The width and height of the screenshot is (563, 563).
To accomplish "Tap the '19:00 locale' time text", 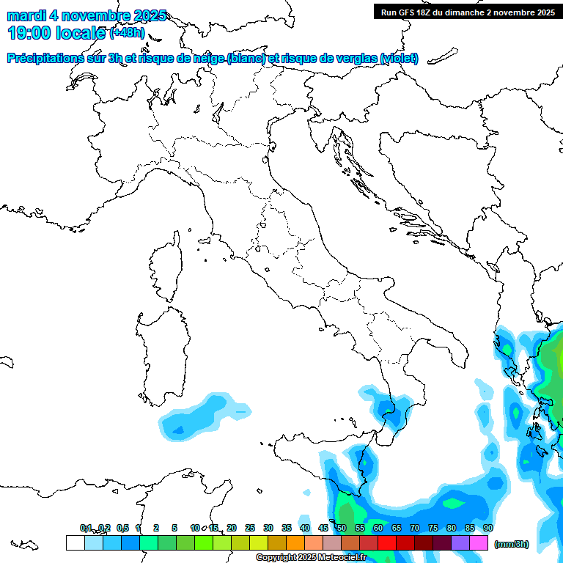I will pyautogui.click(x=56, y=33).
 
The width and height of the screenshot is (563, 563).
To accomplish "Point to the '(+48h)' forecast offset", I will pyautogui.click(x=128, y=34).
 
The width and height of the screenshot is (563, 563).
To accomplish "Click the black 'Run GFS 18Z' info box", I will pyautogui.click(x=468, y=12).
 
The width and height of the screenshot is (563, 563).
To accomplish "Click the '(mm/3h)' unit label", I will pyautogui.click(x=512, y=544).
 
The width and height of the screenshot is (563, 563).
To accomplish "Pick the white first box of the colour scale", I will pyautogui.click(x=75, y=542).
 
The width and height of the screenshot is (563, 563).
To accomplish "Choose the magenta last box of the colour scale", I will pyautogui.click(x=479, y=542).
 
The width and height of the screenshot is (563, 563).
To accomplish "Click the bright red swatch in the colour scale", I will pyautogui.click(x=387, y=542).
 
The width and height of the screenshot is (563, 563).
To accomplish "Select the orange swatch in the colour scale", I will pyautogui.click(x=295, y=542).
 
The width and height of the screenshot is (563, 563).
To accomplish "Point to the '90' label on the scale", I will pyautogui.click(x=487, y=529).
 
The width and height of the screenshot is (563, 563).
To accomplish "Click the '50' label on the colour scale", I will pyautogui.click(x=342, y=529).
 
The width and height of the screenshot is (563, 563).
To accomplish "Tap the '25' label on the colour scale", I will pyautogui.click(x=249, y=529).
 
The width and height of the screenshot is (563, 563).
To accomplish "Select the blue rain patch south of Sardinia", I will pyautogui.click(x=193, y=420).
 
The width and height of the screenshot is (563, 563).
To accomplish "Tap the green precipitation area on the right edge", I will pyautogui.click(x=551, y=359).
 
